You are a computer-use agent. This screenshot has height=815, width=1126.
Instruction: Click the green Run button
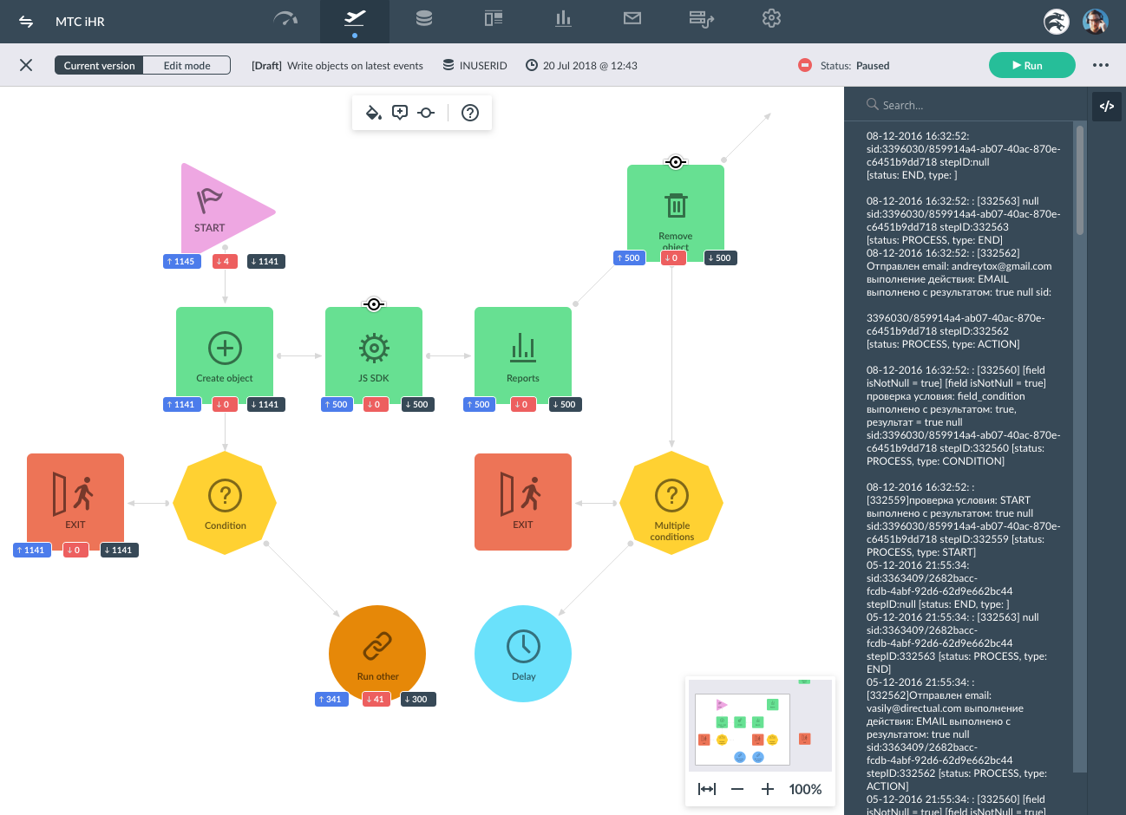(1031, 65)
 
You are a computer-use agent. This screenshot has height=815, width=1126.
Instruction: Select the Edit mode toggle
(187, 66)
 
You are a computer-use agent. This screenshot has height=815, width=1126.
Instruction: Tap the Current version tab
(99, 66)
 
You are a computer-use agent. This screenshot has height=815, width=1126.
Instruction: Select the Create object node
(225, 355)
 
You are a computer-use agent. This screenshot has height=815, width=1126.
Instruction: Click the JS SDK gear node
(374, 355)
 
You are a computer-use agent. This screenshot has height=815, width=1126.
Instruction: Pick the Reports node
(523, 355)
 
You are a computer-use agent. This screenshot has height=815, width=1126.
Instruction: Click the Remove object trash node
(676, 212)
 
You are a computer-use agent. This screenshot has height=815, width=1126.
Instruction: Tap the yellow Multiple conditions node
(671, 503)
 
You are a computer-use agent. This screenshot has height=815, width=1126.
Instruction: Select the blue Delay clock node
(523, 654)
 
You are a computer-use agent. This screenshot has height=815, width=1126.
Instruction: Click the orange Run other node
(377, 654)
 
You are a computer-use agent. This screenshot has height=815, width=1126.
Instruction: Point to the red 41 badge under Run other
(376, 699)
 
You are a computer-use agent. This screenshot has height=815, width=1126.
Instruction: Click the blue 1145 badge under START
(182, 261)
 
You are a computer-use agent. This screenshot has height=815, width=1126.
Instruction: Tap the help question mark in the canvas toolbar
(470, 113)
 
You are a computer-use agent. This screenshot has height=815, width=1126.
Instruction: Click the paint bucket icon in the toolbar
(374, 113)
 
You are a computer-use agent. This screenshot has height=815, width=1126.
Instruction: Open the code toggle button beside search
(1106, 106)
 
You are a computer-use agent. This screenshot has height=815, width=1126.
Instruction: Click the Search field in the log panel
(970, 105)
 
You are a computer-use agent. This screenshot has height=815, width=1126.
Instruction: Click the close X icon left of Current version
(26, 65)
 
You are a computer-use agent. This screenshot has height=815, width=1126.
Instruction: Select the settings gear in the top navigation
(771, 19)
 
